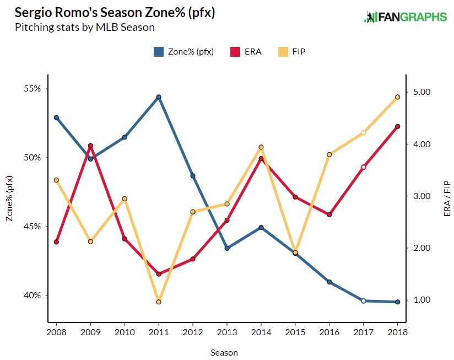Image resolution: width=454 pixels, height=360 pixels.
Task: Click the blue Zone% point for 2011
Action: tap(159, 97)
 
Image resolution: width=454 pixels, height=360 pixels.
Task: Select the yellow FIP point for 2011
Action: tap(159, 302)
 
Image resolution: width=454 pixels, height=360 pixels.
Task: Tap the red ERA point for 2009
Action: tap(90, 146)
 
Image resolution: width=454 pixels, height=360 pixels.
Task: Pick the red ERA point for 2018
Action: tap(398, 127)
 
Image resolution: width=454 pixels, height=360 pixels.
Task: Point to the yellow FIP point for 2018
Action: tap(398, 97)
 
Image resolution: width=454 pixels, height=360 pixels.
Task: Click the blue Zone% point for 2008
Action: tap(56, 117)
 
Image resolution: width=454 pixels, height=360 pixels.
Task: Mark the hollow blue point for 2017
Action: tap(364, 301)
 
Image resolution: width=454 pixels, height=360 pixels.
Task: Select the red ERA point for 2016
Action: tap(329, 214)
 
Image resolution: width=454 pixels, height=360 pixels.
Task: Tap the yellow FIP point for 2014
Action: tap(261, 147)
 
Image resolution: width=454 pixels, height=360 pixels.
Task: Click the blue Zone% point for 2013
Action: tap(227, 248)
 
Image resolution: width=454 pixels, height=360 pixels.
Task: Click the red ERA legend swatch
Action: tap(235, 52)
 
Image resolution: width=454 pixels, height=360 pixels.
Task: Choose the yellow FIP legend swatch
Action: tap(283, 52)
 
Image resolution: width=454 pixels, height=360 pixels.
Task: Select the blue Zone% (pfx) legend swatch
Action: tap(159, 52)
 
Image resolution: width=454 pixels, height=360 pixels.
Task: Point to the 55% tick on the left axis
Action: tap(32, 88)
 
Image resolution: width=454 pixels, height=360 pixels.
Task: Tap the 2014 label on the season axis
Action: tap(261, 332)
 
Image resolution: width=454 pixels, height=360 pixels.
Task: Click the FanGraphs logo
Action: tap(406, 17)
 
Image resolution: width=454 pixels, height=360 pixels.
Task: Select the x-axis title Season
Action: tap(224, 353)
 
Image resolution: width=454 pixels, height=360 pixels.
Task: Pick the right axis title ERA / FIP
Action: tap(447, 198)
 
